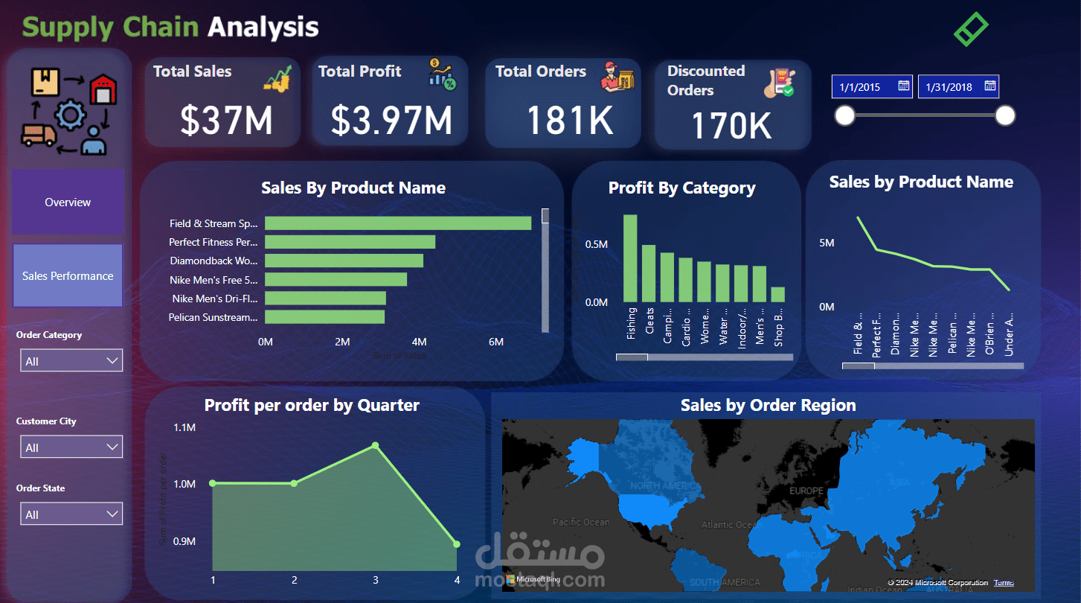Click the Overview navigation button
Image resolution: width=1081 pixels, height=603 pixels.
(x=68, y=202)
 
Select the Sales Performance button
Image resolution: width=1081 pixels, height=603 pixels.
(x=68, y=276)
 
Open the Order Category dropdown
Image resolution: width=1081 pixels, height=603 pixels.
(x=71, y=361)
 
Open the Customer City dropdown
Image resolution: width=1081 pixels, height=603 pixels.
(x=71, y=447)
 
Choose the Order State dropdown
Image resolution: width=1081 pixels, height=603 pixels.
(x=71, y=514)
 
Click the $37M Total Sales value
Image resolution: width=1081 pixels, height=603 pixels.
(x=226, y=120)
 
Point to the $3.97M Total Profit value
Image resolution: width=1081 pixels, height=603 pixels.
(x=391, y=120)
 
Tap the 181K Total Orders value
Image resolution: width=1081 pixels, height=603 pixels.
(x=570, y=120)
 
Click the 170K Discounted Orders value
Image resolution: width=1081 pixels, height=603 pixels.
(x=731, y=125)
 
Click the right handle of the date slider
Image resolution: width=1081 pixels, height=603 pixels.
(x=1005, y=115)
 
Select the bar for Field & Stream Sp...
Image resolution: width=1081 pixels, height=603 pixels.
(x=398, y=223)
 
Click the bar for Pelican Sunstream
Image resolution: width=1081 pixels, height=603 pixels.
(x=324, y=317)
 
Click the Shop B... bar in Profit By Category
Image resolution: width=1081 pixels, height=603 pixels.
(x=777, y=295)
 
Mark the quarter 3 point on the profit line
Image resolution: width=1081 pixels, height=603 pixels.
(x=375, y=445)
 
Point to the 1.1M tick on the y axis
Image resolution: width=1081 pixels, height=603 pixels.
(x=185, y=428)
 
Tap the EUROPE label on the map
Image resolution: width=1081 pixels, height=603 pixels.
(x=806, y=491)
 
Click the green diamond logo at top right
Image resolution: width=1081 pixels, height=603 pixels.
(x=971, y=28)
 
